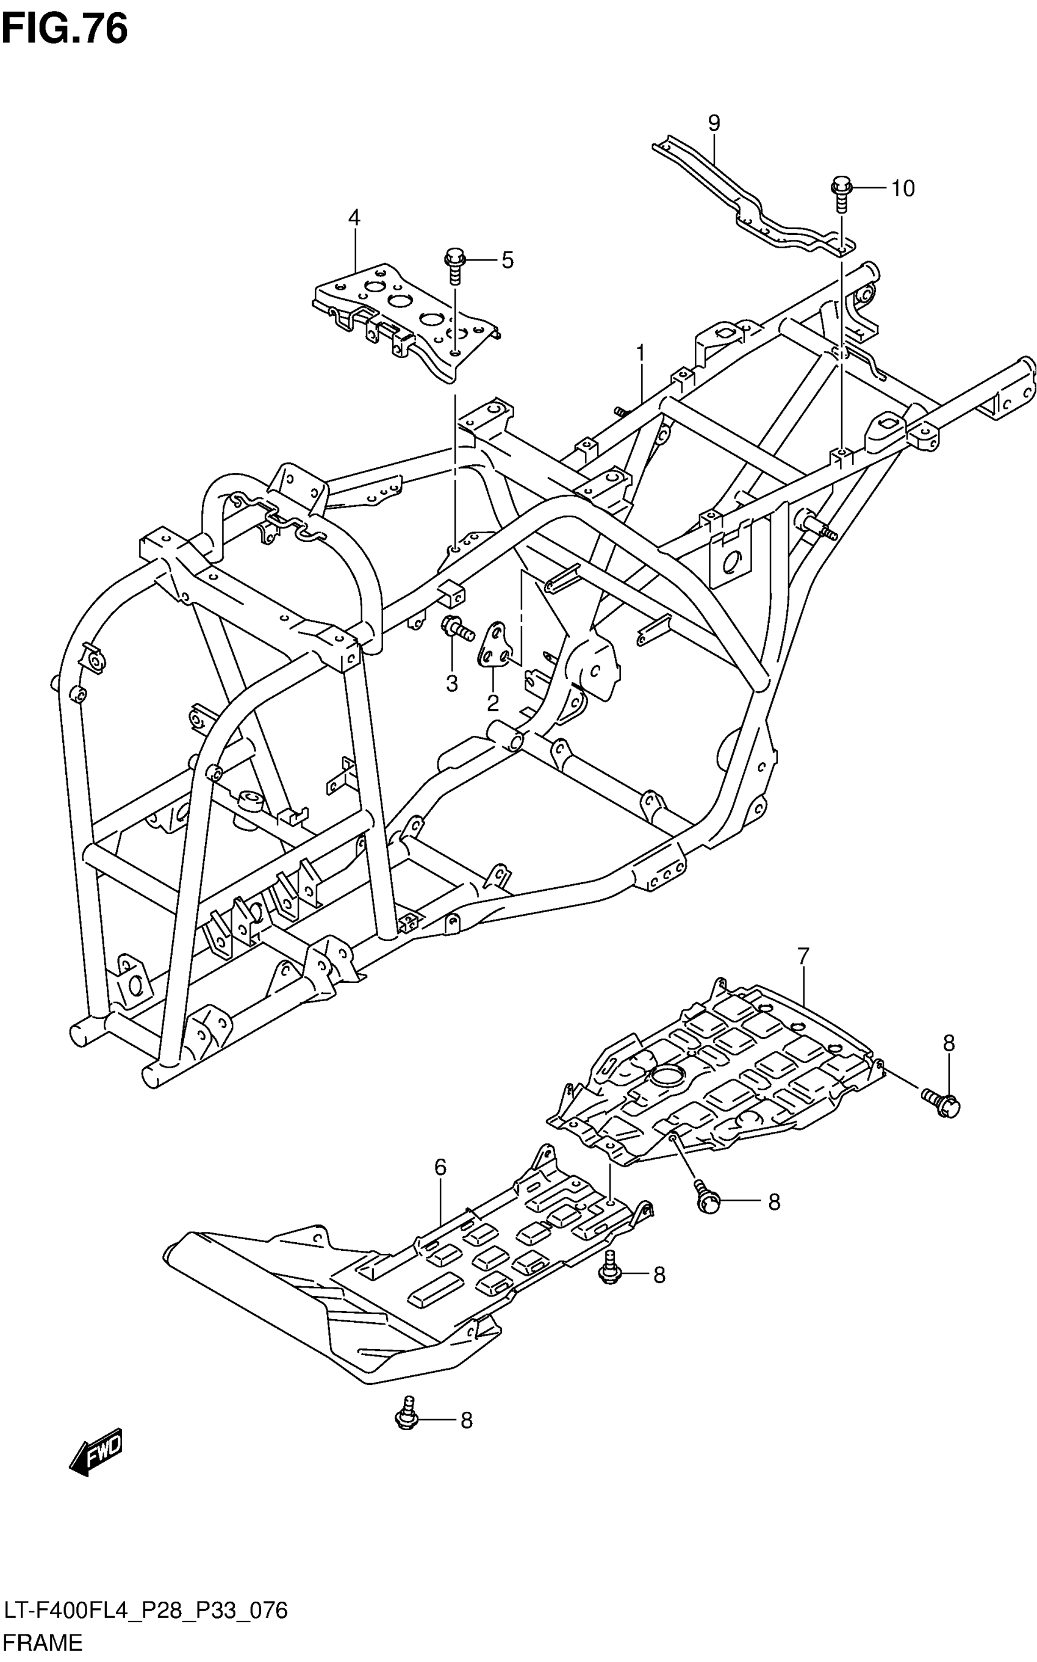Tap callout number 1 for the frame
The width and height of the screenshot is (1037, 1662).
pos(640,354)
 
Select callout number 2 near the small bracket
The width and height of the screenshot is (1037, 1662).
pos(492,702)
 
